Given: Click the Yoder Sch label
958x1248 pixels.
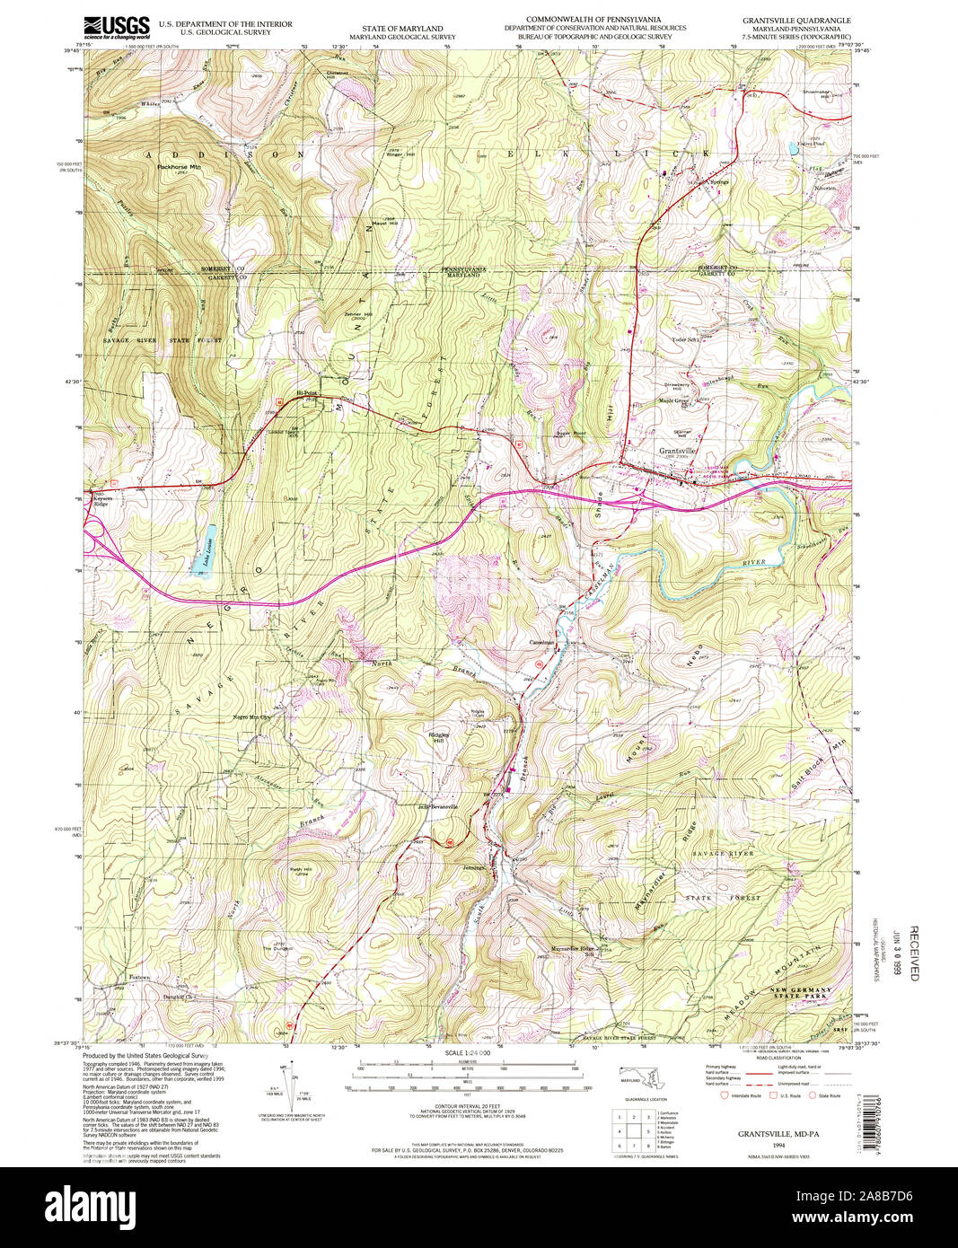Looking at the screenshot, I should point(685,339).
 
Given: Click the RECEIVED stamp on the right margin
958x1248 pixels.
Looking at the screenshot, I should point(914,952).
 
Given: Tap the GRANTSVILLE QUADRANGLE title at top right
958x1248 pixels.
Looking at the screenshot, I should point(795,19).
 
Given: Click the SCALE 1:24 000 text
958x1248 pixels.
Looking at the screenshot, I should point(466,1052).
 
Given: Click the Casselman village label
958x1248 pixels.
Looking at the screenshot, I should point(543,643).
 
